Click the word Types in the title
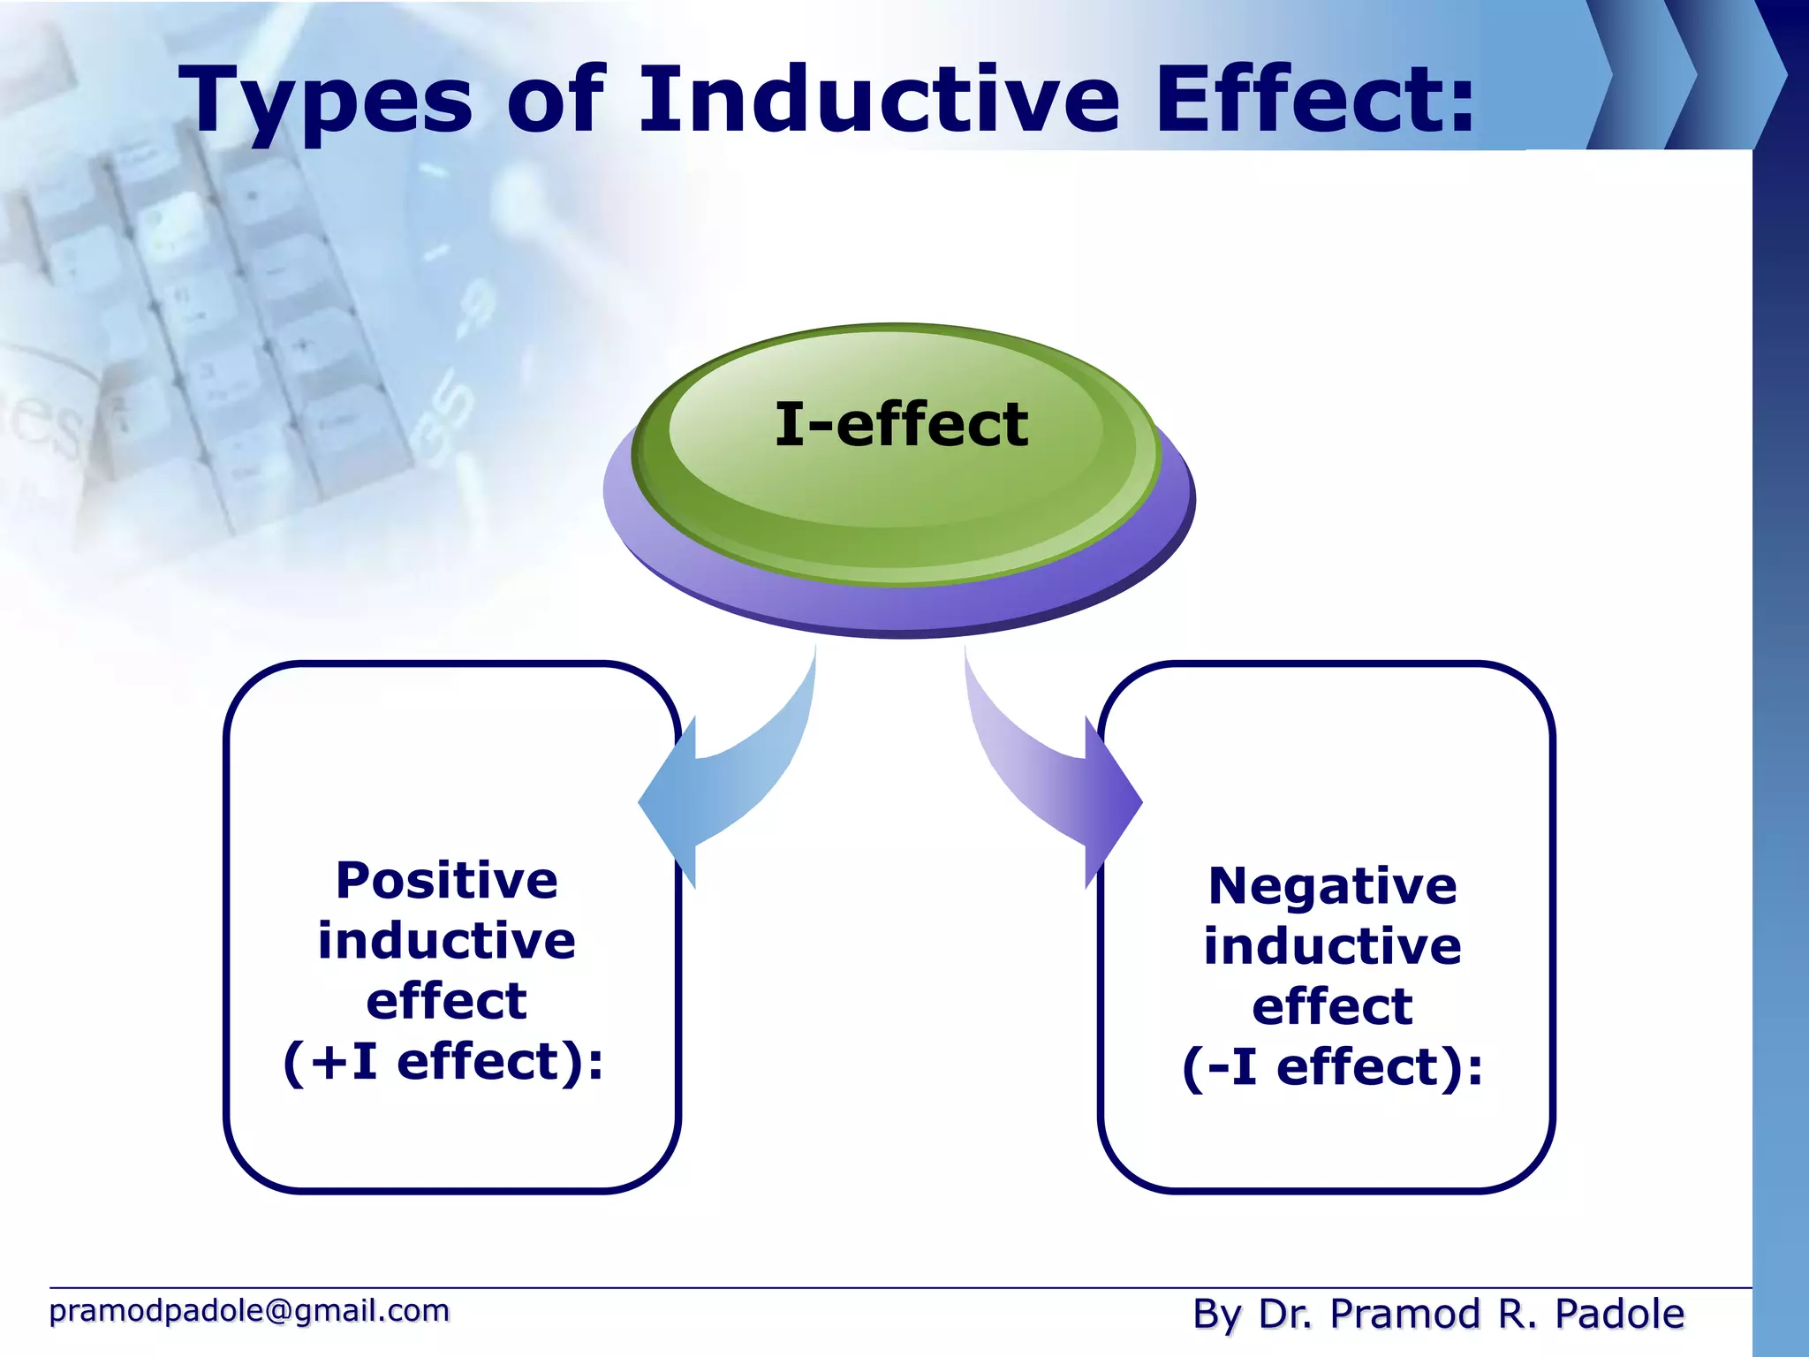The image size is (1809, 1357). coord(326,101)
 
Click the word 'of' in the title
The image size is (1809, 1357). coord(556,101)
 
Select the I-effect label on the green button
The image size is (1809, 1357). coord(901,424)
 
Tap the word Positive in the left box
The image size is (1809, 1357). coord(447,881)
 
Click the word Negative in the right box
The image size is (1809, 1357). coord(1332,886)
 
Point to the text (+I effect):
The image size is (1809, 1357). coord(443,1061)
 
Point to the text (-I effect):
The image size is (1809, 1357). coord(1332,1067)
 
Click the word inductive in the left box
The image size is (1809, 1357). coord(447,941)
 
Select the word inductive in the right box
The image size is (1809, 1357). coord(1332,946)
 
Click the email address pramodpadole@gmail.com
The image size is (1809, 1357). coord(249,1310)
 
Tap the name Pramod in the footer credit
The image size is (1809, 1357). coord(1404,1314)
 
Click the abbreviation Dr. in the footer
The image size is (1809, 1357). coord(1285,1314)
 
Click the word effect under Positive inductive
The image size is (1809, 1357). coord(447,1001)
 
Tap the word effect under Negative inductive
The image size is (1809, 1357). coord(1332,1006)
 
